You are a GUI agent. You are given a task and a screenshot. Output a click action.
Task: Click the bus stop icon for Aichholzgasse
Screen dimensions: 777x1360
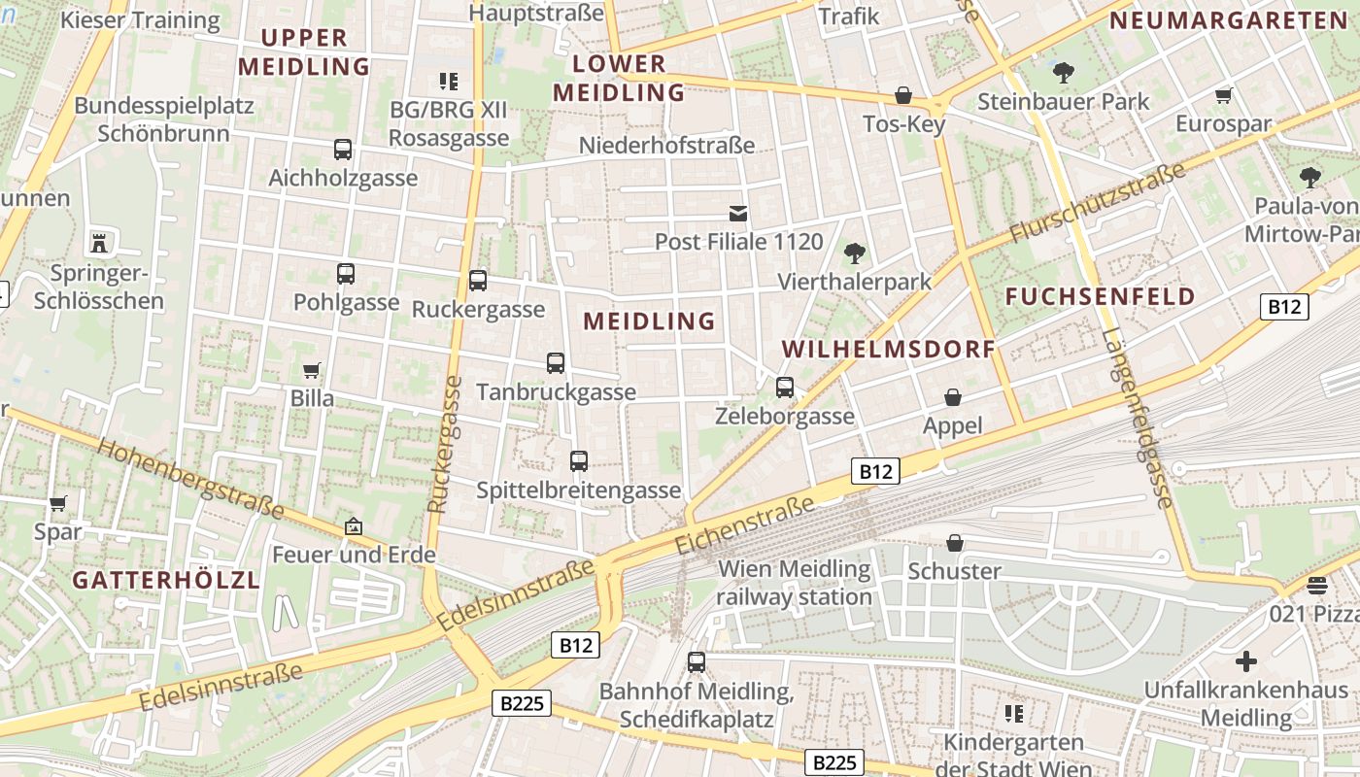[343, 150]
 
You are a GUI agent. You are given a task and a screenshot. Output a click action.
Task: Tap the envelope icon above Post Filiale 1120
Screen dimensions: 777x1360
[738, 213]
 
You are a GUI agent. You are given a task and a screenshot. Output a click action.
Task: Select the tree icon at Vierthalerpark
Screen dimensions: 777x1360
[855, 253]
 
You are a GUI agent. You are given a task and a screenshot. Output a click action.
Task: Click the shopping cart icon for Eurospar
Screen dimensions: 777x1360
[1224, 95]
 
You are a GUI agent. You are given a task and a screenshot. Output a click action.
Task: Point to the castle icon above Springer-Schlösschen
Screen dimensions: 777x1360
[98, 241]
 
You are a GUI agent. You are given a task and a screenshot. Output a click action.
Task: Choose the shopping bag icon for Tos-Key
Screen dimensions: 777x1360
[903, 95]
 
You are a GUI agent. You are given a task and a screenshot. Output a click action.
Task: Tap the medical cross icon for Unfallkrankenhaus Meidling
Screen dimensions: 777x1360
[1245, 662]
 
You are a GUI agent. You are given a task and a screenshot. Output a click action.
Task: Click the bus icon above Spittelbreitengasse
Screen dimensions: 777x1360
[579, 461]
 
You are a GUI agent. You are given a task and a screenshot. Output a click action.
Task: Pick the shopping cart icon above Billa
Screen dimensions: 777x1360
[312, 370]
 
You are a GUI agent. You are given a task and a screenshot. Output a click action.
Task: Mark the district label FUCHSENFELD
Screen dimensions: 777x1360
[1100, 296]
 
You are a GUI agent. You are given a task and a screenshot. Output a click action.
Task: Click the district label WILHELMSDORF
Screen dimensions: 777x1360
[889, 349]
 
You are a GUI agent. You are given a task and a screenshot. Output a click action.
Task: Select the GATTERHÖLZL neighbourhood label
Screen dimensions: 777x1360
[166, 580]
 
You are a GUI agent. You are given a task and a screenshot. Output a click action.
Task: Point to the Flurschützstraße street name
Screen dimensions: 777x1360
[1098, 203]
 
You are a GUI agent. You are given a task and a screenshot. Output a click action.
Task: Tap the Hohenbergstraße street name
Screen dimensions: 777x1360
[191, 480]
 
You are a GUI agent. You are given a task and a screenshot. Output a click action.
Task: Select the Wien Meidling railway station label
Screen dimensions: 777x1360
[794, 583]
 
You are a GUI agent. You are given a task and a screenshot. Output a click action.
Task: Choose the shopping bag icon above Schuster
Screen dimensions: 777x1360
[955, 542]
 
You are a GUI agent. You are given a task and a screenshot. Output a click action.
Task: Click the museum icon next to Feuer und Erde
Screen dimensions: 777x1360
[354, 526]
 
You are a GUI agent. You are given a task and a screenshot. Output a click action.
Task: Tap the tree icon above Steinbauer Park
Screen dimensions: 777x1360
[1064, 72]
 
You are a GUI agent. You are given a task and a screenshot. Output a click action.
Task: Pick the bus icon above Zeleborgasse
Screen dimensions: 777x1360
[785, 388]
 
